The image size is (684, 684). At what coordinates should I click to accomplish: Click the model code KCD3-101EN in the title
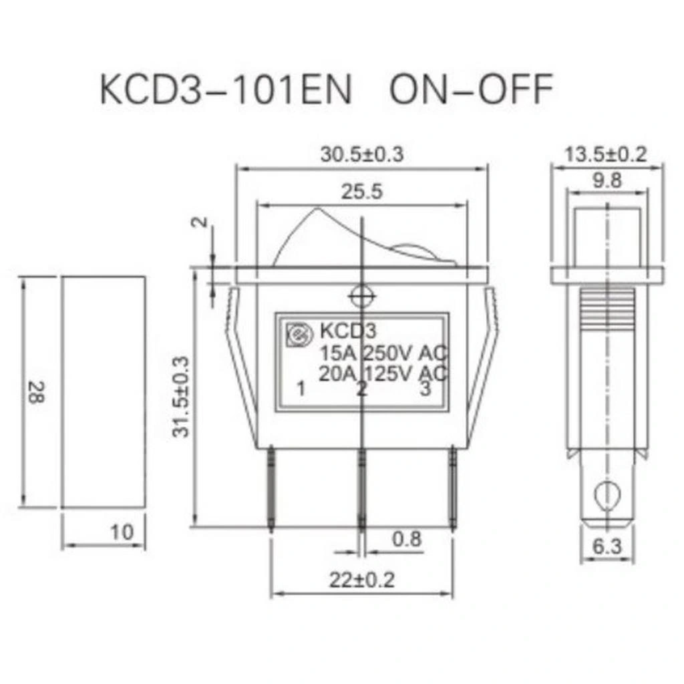(226, 89)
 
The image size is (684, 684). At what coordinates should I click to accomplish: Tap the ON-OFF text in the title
(471, 89)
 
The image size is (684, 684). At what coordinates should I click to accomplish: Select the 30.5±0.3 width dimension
(362, 154)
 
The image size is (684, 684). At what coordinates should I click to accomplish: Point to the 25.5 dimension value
(361, 192)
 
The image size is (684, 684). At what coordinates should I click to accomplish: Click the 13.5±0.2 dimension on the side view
(606, 154)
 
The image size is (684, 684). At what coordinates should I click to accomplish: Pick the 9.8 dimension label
(607, 180)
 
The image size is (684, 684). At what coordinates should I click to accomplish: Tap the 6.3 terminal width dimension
(607, 546)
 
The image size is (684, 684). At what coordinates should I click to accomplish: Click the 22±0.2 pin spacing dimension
(361, 580)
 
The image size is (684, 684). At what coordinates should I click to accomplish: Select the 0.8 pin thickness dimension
(407, 539)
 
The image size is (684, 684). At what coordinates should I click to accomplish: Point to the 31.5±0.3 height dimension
(181, 397)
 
